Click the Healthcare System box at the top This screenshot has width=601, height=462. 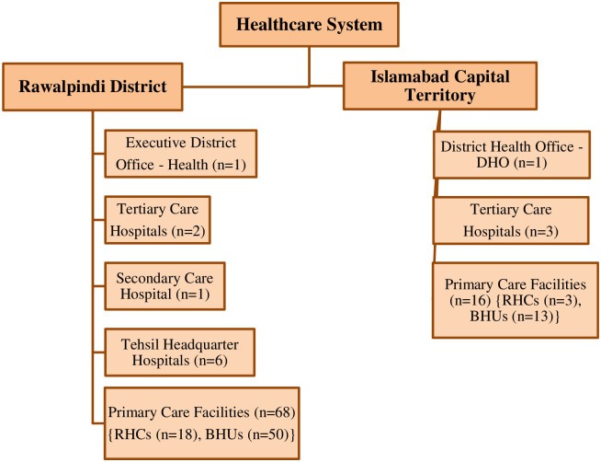(x=310, y=25)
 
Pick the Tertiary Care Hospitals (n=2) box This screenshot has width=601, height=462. (x=158, y=219)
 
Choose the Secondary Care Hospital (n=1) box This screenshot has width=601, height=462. (x=165, y=285)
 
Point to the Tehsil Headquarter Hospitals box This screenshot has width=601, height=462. (x=180, y=352)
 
